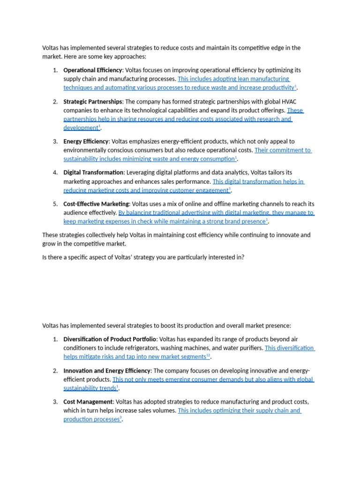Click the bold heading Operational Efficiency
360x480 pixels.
[92, 70]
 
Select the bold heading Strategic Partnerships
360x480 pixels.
[92, 102]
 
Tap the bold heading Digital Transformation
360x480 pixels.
[93, 172]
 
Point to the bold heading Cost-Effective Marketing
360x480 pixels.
[96, 204]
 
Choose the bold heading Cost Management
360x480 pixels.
[88, 402]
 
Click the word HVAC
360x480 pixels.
[288, 102]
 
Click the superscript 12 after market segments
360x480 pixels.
[208, 356]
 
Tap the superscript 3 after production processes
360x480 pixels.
[120, 418]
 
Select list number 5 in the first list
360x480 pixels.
[55, 204]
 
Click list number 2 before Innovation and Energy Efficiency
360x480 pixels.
[55, 371]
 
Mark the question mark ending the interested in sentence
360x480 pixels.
[243, 257]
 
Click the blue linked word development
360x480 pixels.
[80, 128]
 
